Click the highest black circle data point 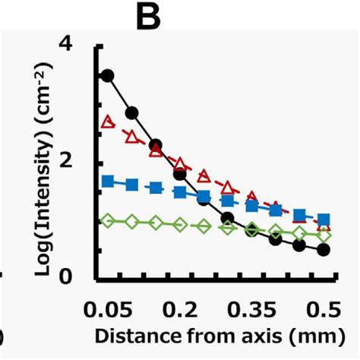coord(107,75)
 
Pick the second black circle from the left coord(131,113)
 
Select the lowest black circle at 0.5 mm coord(324,249)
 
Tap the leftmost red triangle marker coord(107,122)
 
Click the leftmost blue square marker coord(107,181)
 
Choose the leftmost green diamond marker coord(107,220)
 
